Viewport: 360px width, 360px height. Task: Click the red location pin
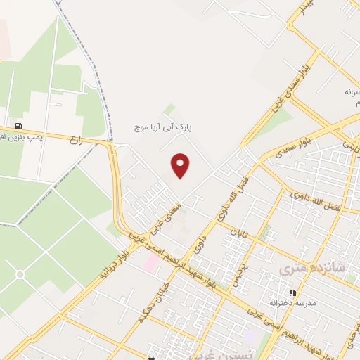[181, 165]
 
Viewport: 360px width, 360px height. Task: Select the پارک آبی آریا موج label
[164, 128]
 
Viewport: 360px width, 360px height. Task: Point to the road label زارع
[76, 140]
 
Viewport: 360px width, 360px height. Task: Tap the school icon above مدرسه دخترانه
[292, 292]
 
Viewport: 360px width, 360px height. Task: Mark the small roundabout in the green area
[20, 274]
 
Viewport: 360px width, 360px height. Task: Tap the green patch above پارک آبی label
[169, 109]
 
